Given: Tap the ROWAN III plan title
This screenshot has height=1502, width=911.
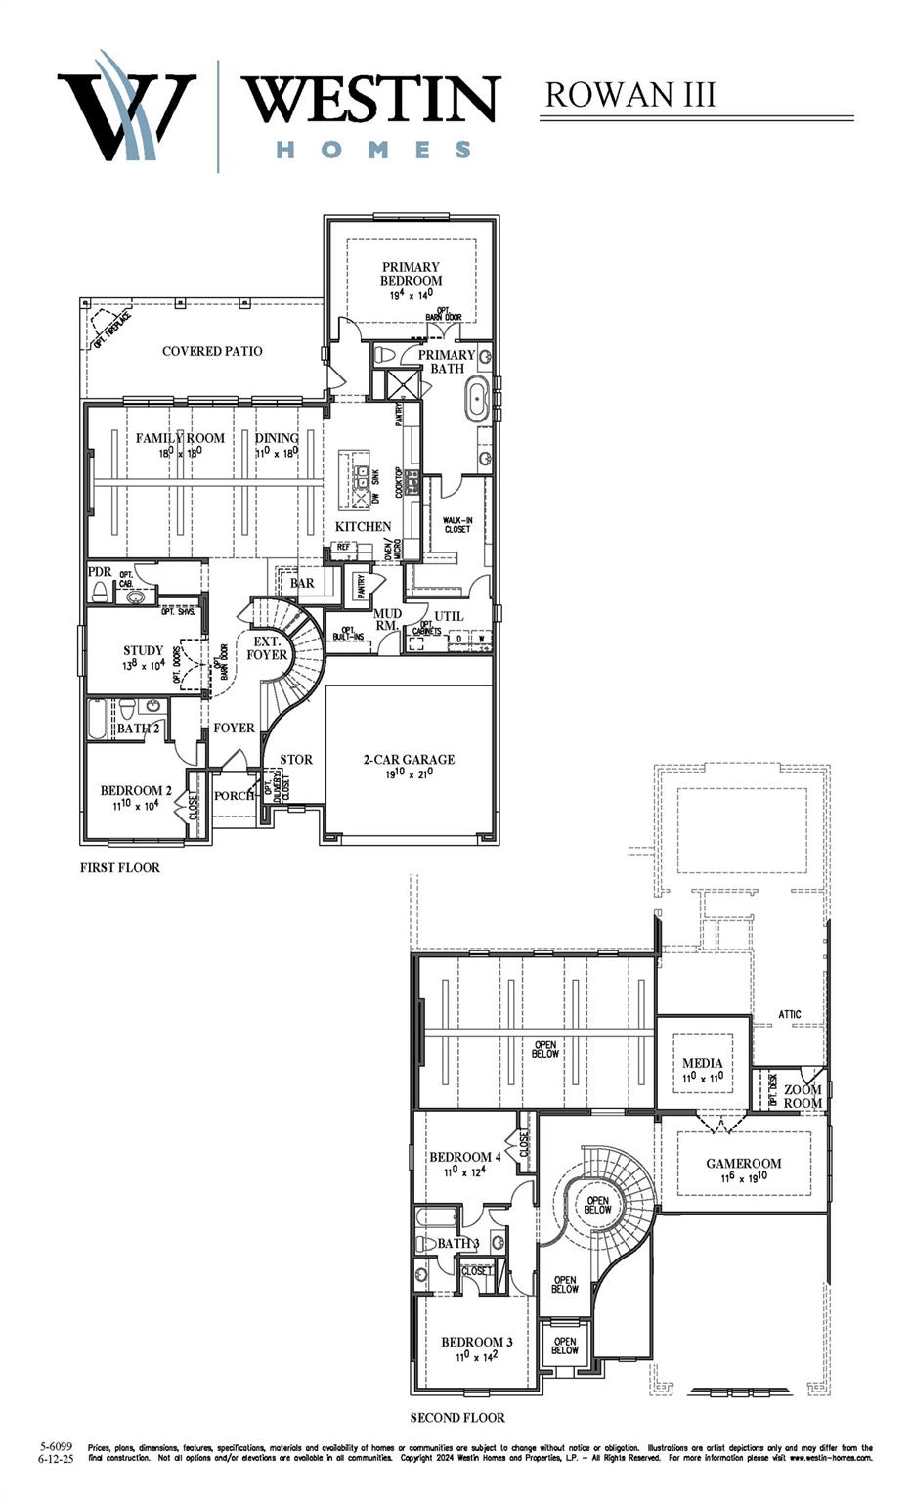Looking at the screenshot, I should [x=630, y=95].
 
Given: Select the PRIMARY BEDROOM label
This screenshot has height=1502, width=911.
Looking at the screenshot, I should [x=411, y=274].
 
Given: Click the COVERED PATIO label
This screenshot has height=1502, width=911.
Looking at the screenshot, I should [x=212, y=351].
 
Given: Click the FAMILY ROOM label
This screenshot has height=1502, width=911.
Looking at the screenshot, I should [x=180, y=438].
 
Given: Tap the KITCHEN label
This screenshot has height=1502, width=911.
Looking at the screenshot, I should [x=363, y=526].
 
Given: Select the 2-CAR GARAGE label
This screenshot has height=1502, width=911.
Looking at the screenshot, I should [x=409, y=759].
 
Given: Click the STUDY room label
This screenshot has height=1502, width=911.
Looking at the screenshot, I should [x=143, y=650].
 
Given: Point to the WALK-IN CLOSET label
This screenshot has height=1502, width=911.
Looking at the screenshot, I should [x=456, y=525].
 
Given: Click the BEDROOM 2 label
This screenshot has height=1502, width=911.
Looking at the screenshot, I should [x=136, y=790].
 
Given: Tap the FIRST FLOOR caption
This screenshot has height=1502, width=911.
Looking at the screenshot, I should [x=119, y=867].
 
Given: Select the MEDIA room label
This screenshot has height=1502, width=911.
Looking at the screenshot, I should [x=702, y=1063].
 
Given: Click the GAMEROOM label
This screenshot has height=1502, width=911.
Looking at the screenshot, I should [x=744, y=1163].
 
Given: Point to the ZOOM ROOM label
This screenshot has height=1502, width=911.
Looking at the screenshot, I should [x=803, y=1096].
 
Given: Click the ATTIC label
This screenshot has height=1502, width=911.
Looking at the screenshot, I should [x=790, y=1014].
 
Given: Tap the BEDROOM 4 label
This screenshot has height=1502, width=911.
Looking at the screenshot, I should [x=465, y=1157].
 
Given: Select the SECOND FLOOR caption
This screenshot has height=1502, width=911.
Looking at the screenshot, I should [x=457, y=1417].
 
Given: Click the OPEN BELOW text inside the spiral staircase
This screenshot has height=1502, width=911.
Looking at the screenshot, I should [x=597, y=1205].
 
